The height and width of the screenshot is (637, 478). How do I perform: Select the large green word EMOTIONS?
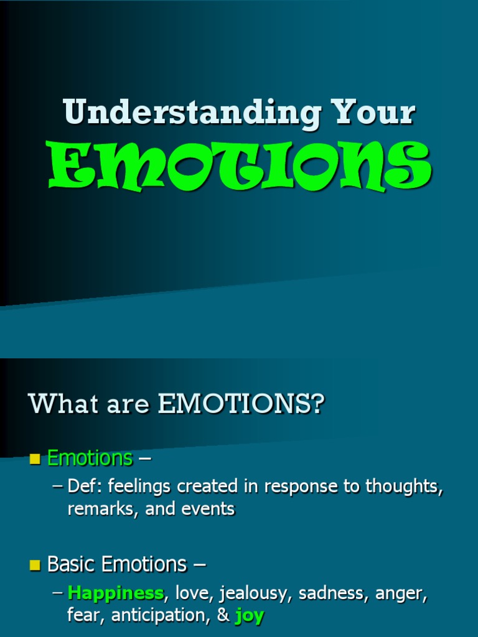[240, 167]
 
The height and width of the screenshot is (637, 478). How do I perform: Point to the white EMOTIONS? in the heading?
[241, 404]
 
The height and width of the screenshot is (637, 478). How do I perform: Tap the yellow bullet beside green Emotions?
[35, 460]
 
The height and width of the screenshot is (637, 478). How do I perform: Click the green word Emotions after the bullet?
[90, 458]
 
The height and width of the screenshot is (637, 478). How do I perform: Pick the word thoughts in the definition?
[404, 486]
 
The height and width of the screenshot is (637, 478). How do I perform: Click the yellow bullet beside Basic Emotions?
[35, 565]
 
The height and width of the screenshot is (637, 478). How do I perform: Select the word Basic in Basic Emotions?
[71, 564]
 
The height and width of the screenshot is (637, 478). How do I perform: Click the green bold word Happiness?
[115, 593]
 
